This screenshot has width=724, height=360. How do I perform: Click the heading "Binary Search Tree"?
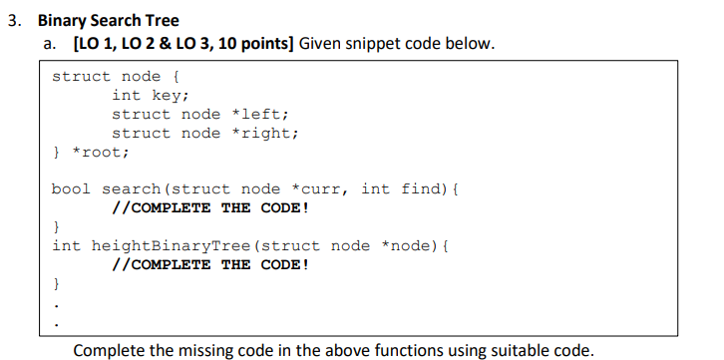pos(109,21)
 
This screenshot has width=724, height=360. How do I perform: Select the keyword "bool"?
pos(71,188)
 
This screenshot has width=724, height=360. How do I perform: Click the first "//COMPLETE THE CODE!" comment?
pos(210,207)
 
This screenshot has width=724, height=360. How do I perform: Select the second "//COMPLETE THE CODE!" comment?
pos(210,264)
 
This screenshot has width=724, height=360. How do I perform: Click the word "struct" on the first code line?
pos(81,76)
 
